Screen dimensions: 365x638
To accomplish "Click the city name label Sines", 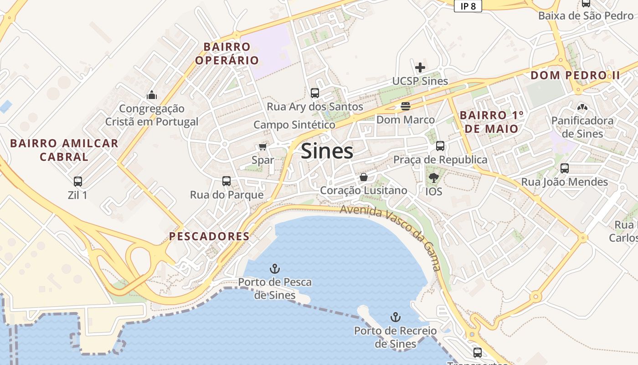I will (x=327, y=151).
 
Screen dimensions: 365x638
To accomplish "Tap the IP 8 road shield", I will (x=468, y=6).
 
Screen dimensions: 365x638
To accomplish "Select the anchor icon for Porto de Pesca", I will (x=275, y=268).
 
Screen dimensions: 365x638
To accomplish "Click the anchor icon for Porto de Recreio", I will (x=396, y=317).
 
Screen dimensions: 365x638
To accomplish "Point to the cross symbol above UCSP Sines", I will (x=420, y=68).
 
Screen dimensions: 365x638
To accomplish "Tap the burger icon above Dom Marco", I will (x=406, y=106).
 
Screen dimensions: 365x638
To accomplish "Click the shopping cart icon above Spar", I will (x=262, y=146).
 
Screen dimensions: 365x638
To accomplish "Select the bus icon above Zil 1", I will (x=78, y=181).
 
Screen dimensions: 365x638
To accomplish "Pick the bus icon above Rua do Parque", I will (x=226, y=181).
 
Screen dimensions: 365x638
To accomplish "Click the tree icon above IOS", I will (x=433, y=178).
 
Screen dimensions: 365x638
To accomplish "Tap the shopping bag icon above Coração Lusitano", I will (x=364, y=177).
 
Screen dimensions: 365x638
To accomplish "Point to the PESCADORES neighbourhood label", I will (x=209, y=236).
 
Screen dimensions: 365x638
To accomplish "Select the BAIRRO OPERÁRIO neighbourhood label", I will (x=227, y=53).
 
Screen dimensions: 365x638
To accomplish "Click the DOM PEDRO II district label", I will (x=576, y=75).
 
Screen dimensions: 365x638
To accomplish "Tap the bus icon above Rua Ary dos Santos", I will (x=314, y=93).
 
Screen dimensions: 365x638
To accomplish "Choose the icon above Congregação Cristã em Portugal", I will (x=152, y=95).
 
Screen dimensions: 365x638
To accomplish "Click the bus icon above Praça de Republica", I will (x=440, y=146).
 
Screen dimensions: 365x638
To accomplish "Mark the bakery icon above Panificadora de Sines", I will (x=582, y=108).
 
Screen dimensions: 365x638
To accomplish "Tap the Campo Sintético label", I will (x=294, y=125).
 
